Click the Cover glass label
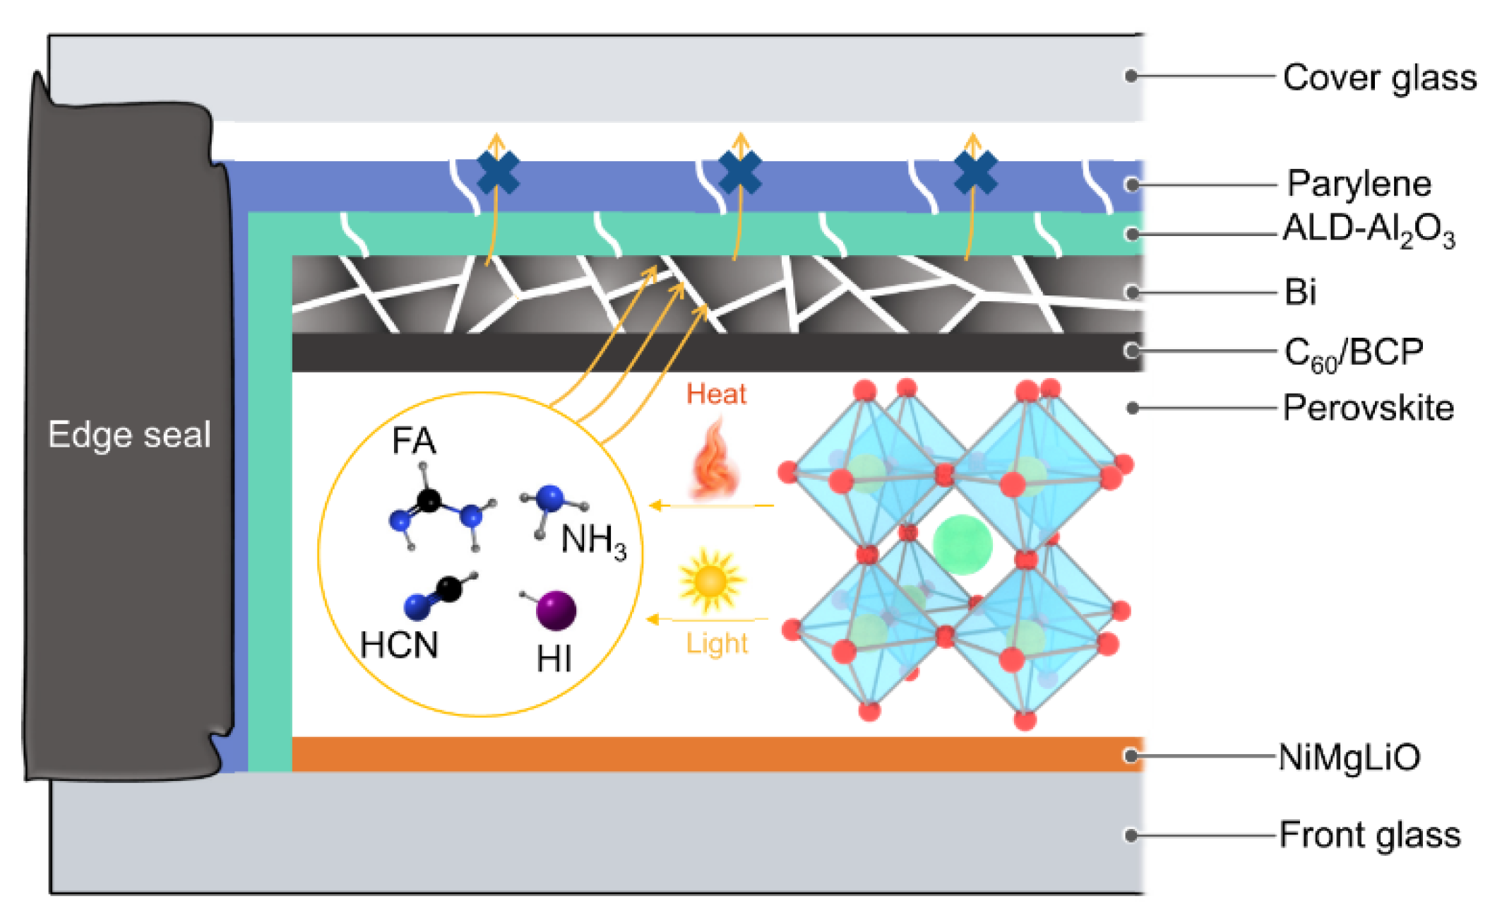1379,78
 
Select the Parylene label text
1359,184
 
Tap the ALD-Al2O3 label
1368,230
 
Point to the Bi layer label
1300,291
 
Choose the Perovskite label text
1368,408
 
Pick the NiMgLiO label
1349,757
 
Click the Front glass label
1369,835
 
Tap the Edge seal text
129,434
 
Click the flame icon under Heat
715,459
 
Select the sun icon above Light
710,581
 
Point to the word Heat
716,394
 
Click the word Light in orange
717,643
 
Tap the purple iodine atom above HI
556,610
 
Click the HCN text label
399,645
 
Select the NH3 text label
593,541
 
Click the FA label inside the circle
414,441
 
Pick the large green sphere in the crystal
962,544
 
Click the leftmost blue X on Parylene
498,173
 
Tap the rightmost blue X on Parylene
975,173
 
